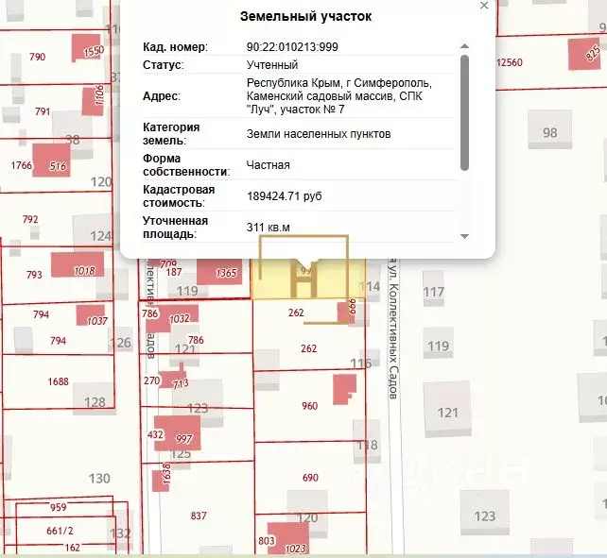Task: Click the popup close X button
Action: (x=484, y=6)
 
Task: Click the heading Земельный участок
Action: (x=306, y=17)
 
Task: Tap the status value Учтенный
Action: (x=272, y=65)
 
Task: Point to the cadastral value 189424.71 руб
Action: (x=285, y=195)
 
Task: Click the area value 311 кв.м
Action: (x=269, y=227)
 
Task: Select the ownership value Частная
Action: (x=269, y=164)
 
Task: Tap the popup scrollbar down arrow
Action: (x=464, y=236)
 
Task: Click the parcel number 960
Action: (x=309, y=406)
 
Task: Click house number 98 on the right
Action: (x=549, y=132)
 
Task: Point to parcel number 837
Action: (x=199, y=516)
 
